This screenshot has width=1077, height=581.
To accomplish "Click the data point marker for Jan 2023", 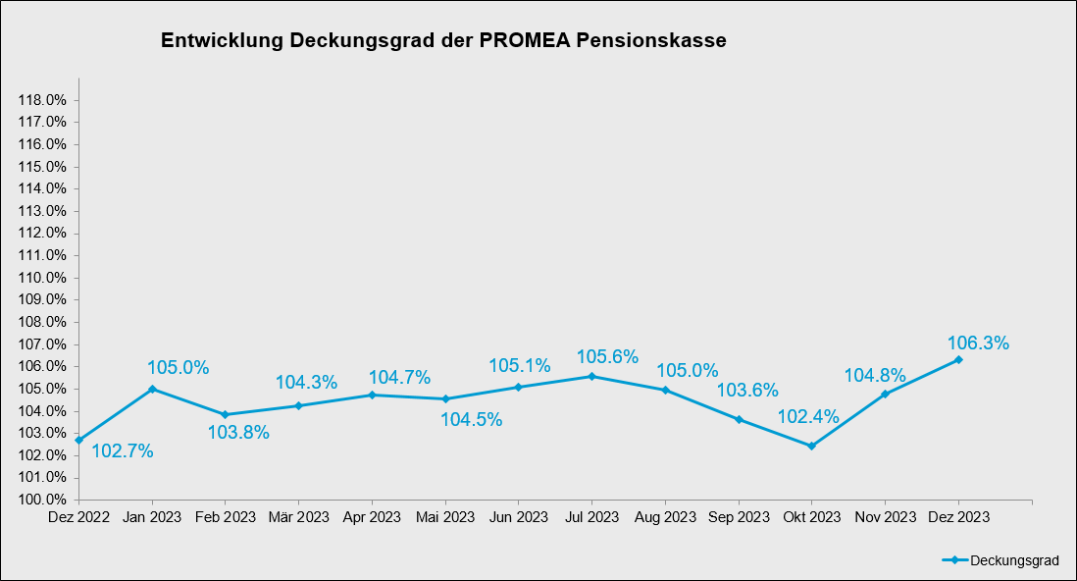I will coord(152,390).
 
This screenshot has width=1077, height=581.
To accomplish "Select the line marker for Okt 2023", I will coord(811,446).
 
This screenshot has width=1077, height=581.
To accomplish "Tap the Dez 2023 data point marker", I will coord(958,359).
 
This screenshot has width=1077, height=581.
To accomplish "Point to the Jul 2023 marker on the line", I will coord(591,376).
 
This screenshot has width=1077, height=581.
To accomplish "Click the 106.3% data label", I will coord(978,343).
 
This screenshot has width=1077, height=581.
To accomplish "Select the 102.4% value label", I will coord(808,417).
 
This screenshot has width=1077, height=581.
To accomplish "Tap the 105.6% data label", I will coord(607,357).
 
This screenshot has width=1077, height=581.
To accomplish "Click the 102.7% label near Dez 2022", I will coord(123,452).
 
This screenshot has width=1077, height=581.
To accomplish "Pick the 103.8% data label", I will coord(238,432).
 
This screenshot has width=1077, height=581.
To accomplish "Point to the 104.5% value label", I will coord(471,420).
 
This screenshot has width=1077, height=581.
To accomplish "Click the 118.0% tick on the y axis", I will coord(42,100).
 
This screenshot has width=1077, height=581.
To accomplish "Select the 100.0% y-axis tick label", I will coord(42,500).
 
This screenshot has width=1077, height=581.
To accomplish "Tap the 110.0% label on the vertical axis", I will coord(42,278).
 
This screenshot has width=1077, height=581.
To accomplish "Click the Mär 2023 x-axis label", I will coord(299,517).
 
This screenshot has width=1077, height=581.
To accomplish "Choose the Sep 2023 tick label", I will coord(739,517).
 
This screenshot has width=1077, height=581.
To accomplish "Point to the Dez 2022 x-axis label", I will coord(79,517).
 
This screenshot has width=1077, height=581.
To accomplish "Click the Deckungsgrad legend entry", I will coord(1013,561).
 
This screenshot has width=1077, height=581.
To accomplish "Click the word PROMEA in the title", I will coord(525,41).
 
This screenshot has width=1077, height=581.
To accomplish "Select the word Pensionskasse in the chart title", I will coord(651,41).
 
